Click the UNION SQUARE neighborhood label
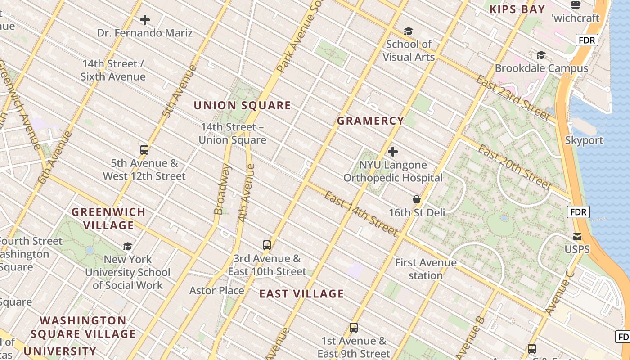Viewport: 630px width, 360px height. (242, 106)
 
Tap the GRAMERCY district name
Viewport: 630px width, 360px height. (370, 121)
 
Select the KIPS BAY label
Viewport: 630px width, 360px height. (517, 9)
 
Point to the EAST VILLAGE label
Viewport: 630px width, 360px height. (301, 294)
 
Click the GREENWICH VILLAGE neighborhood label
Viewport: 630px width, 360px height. (108, 218)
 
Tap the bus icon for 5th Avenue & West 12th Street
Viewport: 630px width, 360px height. (144, 150)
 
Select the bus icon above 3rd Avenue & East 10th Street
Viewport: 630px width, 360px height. (267, 245)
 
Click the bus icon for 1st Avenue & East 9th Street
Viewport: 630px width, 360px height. (354, 328)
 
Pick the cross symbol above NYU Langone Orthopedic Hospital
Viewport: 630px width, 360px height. (393, 152)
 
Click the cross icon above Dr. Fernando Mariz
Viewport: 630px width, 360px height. (145, 20)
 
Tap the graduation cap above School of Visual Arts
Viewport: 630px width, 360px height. (408, 31)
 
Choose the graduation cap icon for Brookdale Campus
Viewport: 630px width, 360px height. (541, 55)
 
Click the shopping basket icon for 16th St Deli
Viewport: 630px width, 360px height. (417, 199)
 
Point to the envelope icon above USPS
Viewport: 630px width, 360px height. (577, 236)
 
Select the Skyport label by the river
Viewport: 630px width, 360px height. (584, 140)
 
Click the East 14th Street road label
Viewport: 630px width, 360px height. (361, 214)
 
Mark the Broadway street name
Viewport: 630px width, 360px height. (222, 189)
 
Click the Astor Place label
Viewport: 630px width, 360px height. (216, 290)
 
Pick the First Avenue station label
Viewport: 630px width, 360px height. (426, 269)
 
